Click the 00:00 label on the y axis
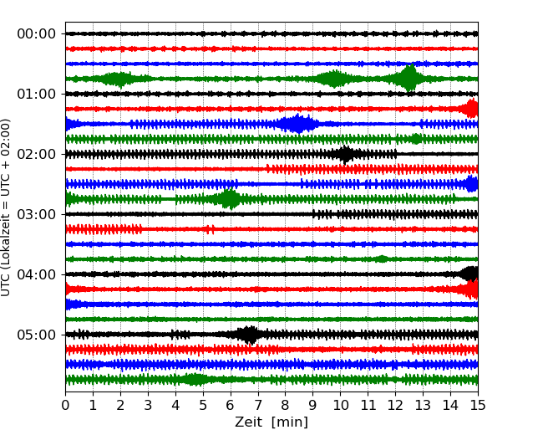tap(36, 33)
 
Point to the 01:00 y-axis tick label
tap(36, 94)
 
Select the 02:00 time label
tap(36, 154)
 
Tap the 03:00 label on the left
tap(36, 214)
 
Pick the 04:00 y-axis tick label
tap(36, 274)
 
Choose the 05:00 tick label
tap(36, 335)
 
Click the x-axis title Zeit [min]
tap(271, 422)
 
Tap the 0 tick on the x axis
tap(66, 406)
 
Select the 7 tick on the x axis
tap(258, 406)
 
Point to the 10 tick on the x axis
tap(340, 406)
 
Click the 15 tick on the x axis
tap(478, 406)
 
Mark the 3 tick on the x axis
tap(148, 406)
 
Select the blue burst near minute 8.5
tap(297, 124)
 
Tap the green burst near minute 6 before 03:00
tap(229, 199)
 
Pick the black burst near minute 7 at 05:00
tap(248, 335)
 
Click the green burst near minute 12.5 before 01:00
tap(409, 79)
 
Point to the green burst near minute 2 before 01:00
tap(119, 79)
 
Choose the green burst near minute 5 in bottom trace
tap(195, 380)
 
